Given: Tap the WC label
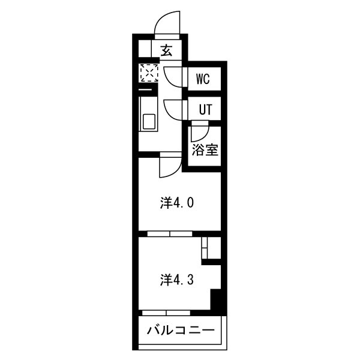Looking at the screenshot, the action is tap(203, 79).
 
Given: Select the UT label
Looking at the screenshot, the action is tap(205, 109).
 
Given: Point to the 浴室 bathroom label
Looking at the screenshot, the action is tap(205, 149).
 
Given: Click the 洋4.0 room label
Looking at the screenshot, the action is tap(177, 203).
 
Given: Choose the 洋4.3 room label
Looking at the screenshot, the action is tap(177, 280).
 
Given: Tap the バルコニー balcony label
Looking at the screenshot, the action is tap(181, 331).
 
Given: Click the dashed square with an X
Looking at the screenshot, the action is tap(149, 73).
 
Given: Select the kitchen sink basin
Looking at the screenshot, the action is tap(149, 122).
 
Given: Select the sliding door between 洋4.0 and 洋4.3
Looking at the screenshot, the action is tap(170, 234).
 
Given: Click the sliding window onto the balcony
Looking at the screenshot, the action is tap(166, 313).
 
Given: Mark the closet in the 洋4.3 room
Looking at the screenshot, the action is tap(211, 248).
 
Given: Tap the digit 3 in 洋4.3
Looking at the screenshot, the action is tap(191, 280).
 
